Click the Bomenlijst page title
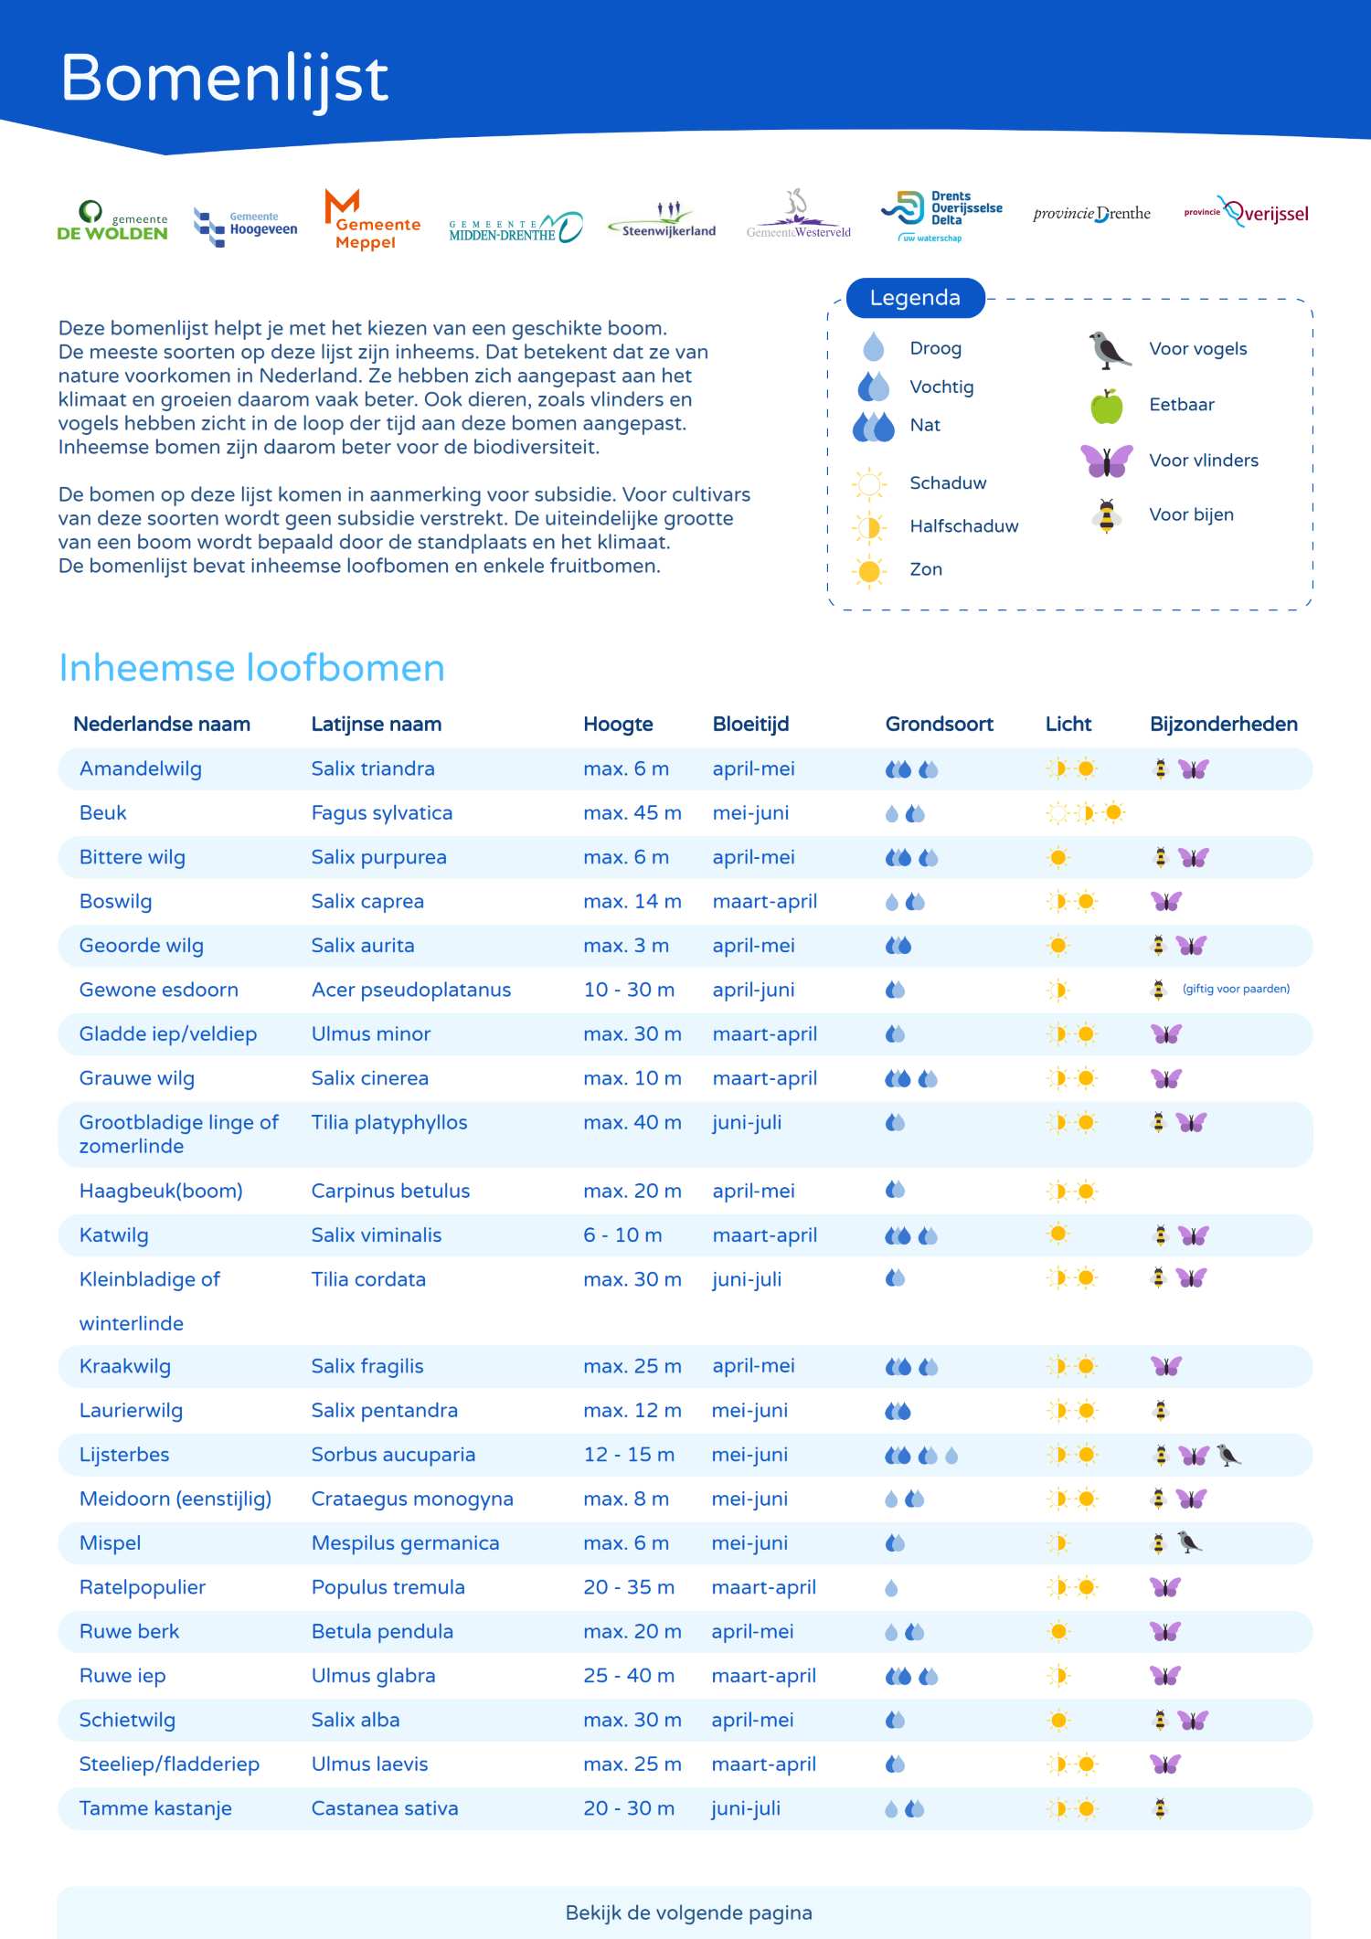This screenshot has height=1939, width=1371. pyautogui.click(x=225, y=79)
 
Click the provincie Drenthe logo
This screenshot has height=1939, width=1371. pyautogui.click(x=1091, y=214)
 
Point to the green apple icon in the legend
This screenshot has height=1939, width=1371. pyautogui.click(x=1106, y=406)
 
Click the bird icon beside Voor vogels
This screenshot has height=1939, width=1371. pyautogui.click(x=1109, y=350)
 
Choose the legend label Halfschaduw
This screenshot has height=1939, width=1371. pyautogui.click(x=963, y=526)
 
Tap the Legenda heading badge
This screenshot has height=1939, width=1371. pyautogui.click(x=915, y=298)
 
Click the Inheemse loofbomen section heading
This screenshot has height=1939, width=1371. pyautogui.click(x=251, y=668)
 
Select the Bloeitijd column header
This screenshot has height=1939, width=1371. pyautogui.click(x=750, y=725)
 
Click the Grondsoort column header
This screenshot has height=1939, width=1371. pyautogui.click(x=939, y=725)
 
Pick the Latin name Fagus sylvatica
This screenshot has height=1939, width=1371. pyautogui.click(x=381, y=813)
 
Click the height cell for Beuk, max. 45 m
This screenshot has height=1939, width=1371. pyautogui.click(x=632, y=813)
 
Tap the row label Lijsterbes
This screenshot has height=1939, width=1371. pyautogui.click(x=124, y=1455)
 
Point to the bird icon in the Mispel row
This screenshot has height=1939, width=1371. pyautogui.click(x=1189, y=1542)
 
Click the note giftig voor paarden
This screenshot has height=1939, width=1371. pyautogui.click(x=1236, y=989)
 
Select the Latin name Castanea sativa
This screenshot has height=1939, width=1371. pyautogui.click(x=384, y=1808)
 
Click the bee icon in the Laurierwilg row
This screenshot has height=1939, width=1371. pyautogui.click(x=1160, y=1411)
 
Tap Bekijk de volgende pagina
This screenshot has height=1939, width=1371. pyautogui.click(x=688, y=1913)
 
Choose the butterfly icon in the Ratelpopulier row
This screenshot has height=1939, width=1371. pyautogui.click(x=1165, y=1587)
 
